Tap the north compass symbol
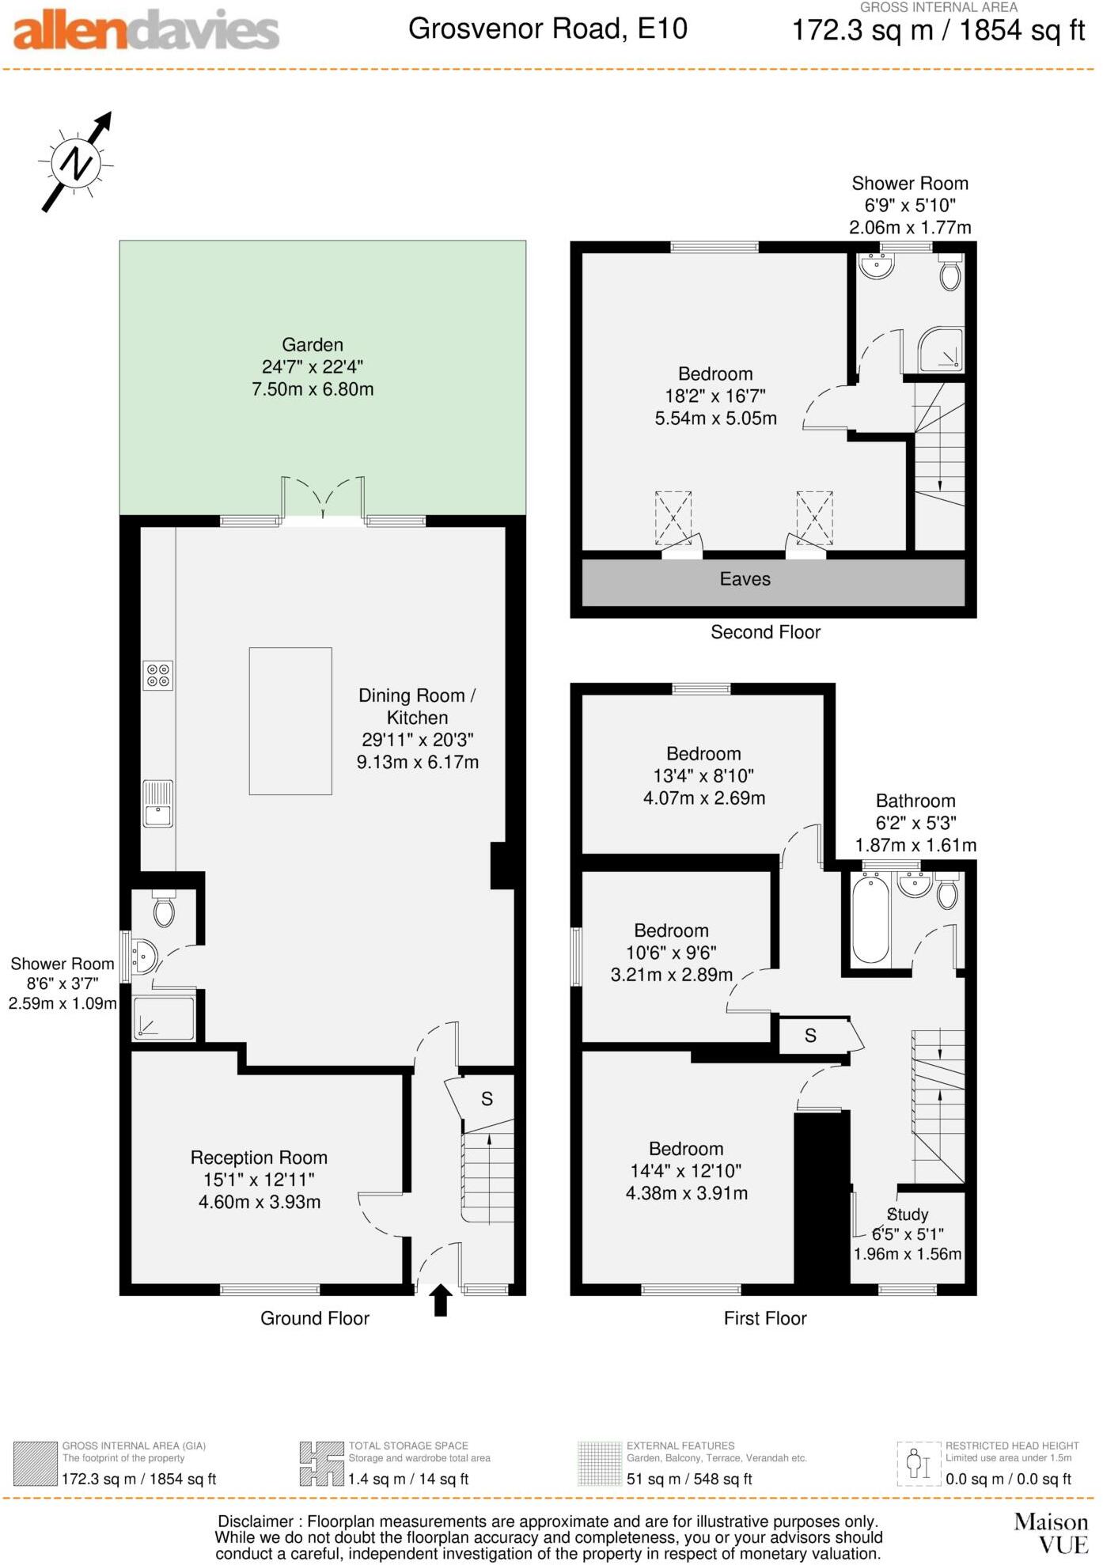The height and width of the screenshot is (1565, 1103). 76,163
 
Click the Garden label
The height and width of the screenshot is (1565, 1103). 313,345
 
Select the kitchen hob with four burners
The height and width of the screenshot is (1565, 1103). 158,675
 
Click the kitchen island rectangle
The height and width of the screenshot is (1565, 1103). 290,721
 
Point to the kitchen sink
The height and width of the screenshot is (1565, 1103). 158,804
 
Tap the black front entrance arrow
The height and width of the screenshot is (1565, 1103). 441,1300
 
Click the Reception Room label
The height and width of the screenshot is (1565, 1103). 259,1158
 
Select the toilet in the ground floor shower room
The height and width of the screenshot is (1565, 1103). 164,910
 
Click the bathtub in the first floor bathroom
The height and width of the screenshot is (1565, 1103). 870,919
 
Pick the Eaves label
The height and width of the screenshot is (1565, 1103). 745,579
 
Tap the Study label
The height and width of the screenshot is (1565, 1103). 908,1214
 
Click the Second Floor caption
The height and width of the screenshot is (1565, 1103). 765,632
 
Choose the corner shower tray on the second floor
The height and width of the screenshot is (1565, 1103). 942,350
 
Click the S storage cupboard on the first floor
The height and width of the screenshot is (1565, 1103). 811,1036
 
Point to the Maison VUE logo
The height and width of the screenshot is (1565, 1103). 1051,1533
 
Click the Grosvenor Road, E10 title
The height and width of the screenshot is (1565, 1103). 548,29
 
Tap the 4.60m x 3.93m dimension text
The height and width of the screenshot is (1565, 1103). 260,1202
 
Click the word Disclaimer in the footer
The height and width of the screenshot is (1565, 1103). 256,1521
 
